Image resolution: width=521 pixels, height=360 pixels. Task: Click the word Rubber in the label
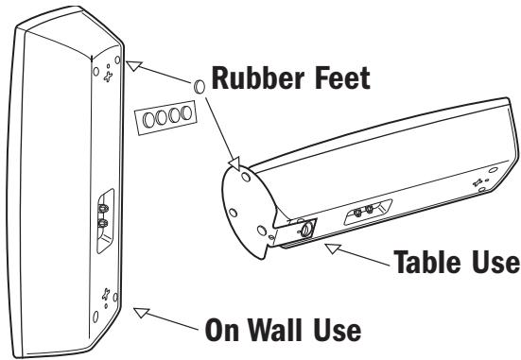point(258,78)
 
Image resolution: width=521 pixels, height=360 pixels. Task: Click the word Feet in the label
point(342,78)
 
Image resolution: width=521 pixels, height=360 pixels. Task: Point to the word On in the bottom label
point(221,330)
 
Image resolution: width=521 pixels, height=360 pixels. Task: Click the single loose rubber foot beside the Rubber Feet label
point(199,86)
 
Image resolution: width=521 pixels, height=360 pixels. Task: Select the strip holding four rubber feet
point(165,117)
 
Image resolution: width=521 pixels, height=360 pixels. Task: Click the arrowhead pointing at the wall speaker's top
point(133,65)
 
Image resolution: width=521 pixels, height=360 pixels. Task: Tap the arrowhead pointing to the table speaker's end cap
point(234,163)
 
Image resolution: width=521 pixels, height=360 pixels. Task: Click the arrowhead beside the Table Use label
point(332,249)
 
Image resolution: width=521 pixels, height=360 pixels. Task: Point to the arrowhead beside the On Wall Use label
point(141,312)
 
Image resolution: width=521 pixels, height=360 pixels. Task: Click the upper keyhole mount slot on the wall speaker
point(108,77)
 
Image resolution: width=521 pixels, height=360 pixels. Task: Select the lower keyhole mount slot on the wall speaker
point(106,294)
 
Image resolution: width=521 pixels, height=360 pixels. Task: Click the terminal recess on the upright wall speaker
point(105,221)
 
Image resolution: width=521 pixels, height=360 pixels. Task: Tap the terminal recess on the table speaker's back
point(368,212)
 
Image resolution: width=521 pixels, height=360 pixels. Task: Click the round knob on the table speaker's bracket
point(306,229)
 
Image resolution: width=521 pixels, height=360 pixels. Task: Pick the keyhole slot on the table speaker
point(478,182)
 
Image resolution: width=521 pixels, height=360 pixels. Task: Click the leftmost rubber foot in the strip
point(148,119)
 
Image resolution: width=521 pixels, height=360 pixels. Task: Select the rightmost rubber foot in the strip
point(186,112)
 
